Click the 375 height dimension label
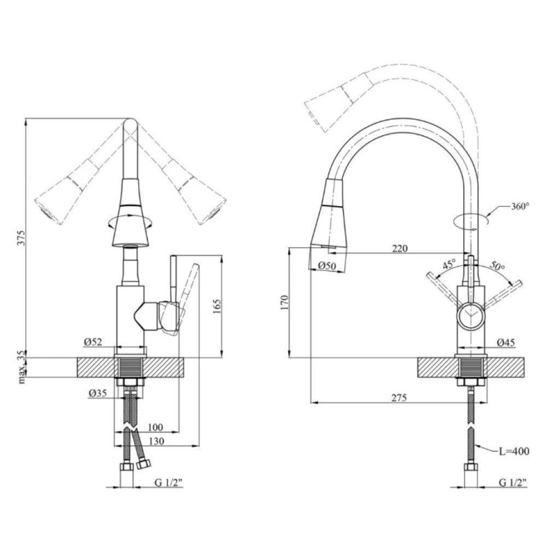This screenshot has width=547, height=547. (x=22, y=237)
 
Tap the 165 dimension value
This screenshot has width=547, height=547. (x=217, y=306)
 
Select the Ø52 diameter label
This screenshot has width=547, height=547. (x=93, y=342)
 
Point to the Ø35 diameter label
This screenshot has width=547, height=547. (x=97, y=393)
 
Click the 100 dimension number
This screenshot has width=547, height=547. (x=155, y=427)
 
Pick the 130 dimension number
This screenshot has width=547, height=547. (x=156, y=441)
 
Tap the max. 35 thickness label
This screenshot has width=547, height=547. (x=22, y=368)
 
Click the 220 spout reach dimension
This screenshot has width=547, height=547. (x=400, y=248)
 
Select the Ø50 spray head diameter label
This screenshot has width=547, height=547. (x=327, y=266)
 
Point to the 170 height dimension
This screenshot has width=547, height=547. (x=285, y=302)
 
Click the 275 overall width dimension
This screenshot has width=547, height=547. (x=399, y=397)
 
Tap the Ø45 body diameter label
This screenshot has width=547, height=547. (x=506, y=342)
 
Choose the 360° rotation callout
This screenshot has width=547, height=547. (x=520, y=206)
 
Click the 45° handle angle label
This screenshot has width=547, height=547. (x=449, y=264)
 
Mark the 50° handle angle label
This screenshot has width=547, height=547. (x=497, y=265)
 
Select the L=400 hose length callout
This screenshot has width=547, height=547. (x=514, y=451)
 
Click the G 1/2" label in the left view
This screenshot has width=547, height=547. (x=169, y=482)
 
